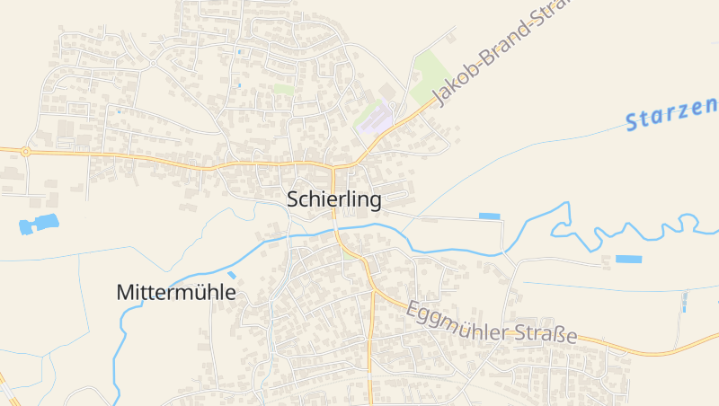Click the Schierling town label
[x=334, y=199]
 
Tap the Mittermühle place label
[x=176, y=293]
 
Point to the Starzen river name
[x=672, y=114]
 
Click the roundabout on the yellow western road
[x=25, y=152]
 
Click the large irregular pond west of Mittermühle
[x=39, y=225]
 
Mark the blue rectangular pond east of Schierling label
[x=489, y=216]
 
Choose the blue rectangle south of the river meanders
[x=628, y=259]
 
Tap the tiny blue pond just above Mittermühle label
[x=232, y=275]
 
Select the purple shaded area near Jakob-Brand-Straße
[x=377, y=120]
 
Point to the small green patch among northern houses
[x=284, y=89]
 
